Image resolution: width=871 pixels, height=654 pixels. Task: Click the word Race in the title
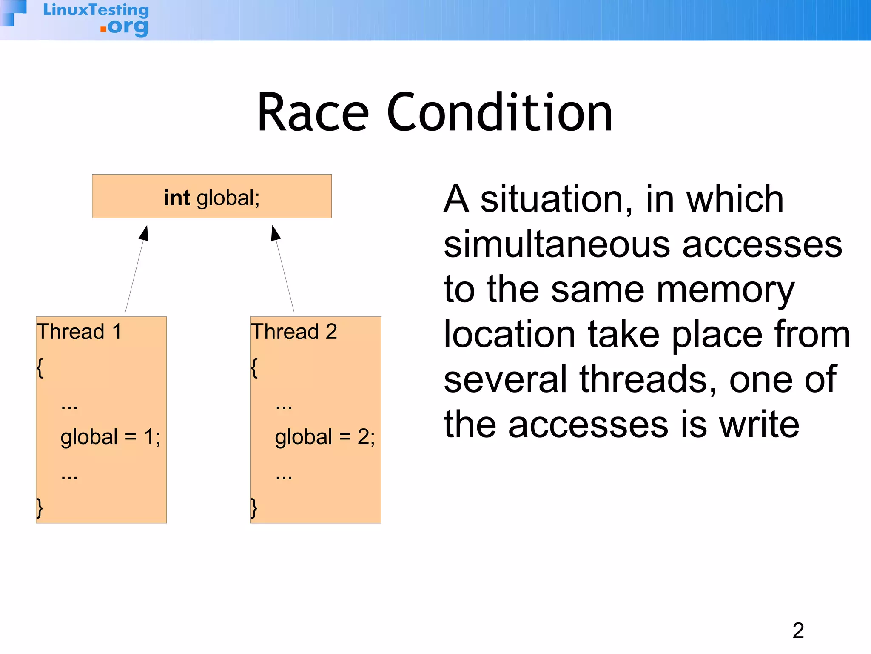coord(313,113)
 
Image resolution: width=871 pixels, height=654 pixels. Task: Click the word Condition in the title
coord(499,113)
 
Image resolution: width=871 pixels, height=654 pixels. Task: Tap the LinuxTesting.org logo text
coord(97,19)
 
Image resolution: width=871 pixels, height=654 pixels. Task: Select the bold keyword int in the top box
coord(177,198)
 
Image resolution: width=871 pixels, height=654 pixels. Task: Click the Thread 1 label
coord(79,332)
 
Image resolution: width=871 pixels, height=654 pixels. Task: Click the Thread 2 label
coord(294,332)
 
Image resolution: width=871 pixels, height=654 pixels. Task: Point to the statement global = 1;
coord(111,437)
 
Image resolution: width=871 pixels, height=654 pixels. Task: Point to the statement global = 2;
coord(325,437)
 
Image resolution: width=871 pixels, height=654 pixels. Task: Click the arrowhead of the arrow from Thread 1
coord(145,233)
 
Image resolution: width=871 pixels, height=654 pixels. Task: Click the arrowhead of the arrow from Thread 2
coord(275,233)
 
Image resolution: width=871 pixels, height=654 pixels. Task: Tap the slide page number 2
coord(798,631)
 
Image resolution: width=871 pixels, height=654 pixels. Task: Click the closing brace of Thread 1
coord(40,508)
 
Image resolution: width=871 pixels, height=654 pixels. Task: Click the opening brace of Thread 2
coord(254,367)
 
